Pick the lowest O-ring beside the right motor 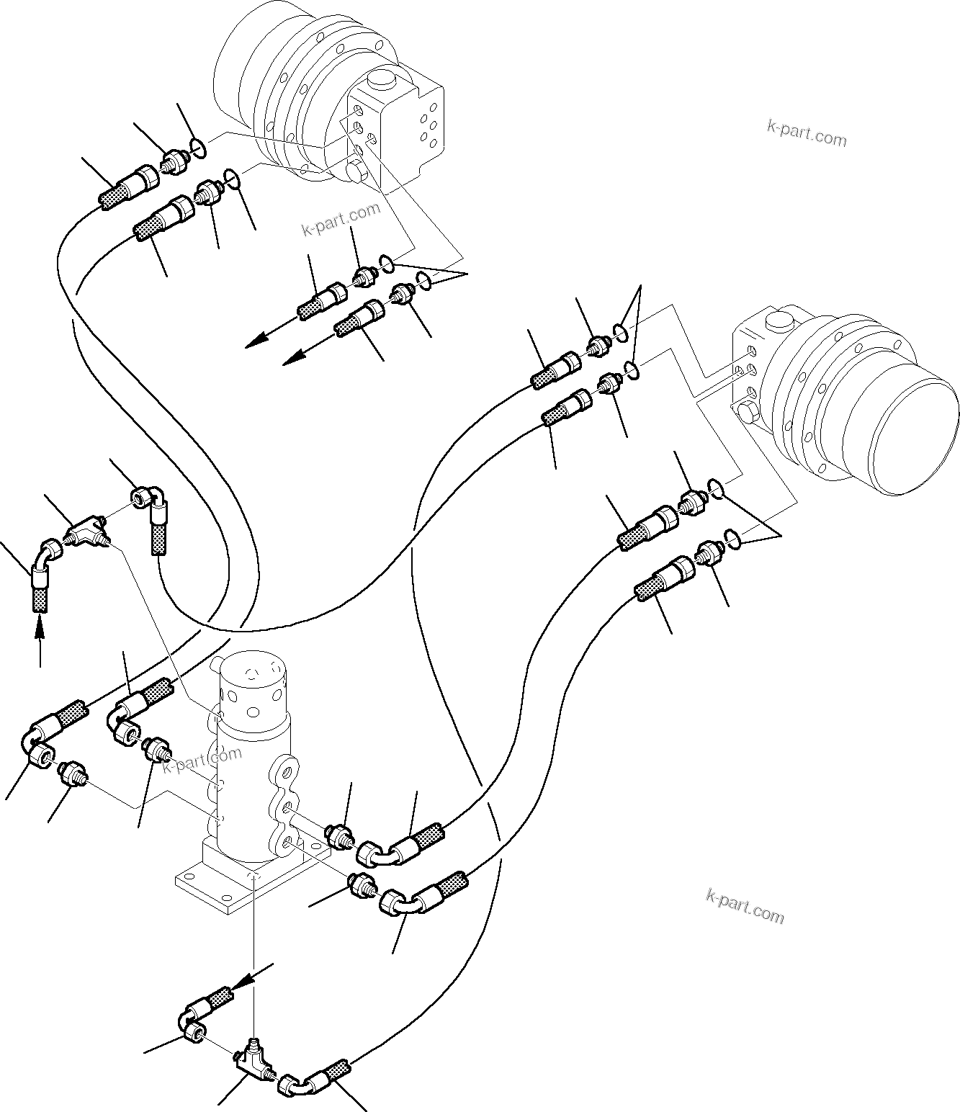coord(732,537)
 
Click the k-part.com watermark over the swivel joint coord(202,761)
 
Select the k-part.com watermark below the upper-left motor coord(340,220)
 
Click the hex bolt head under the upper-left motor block coord(354,174)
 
